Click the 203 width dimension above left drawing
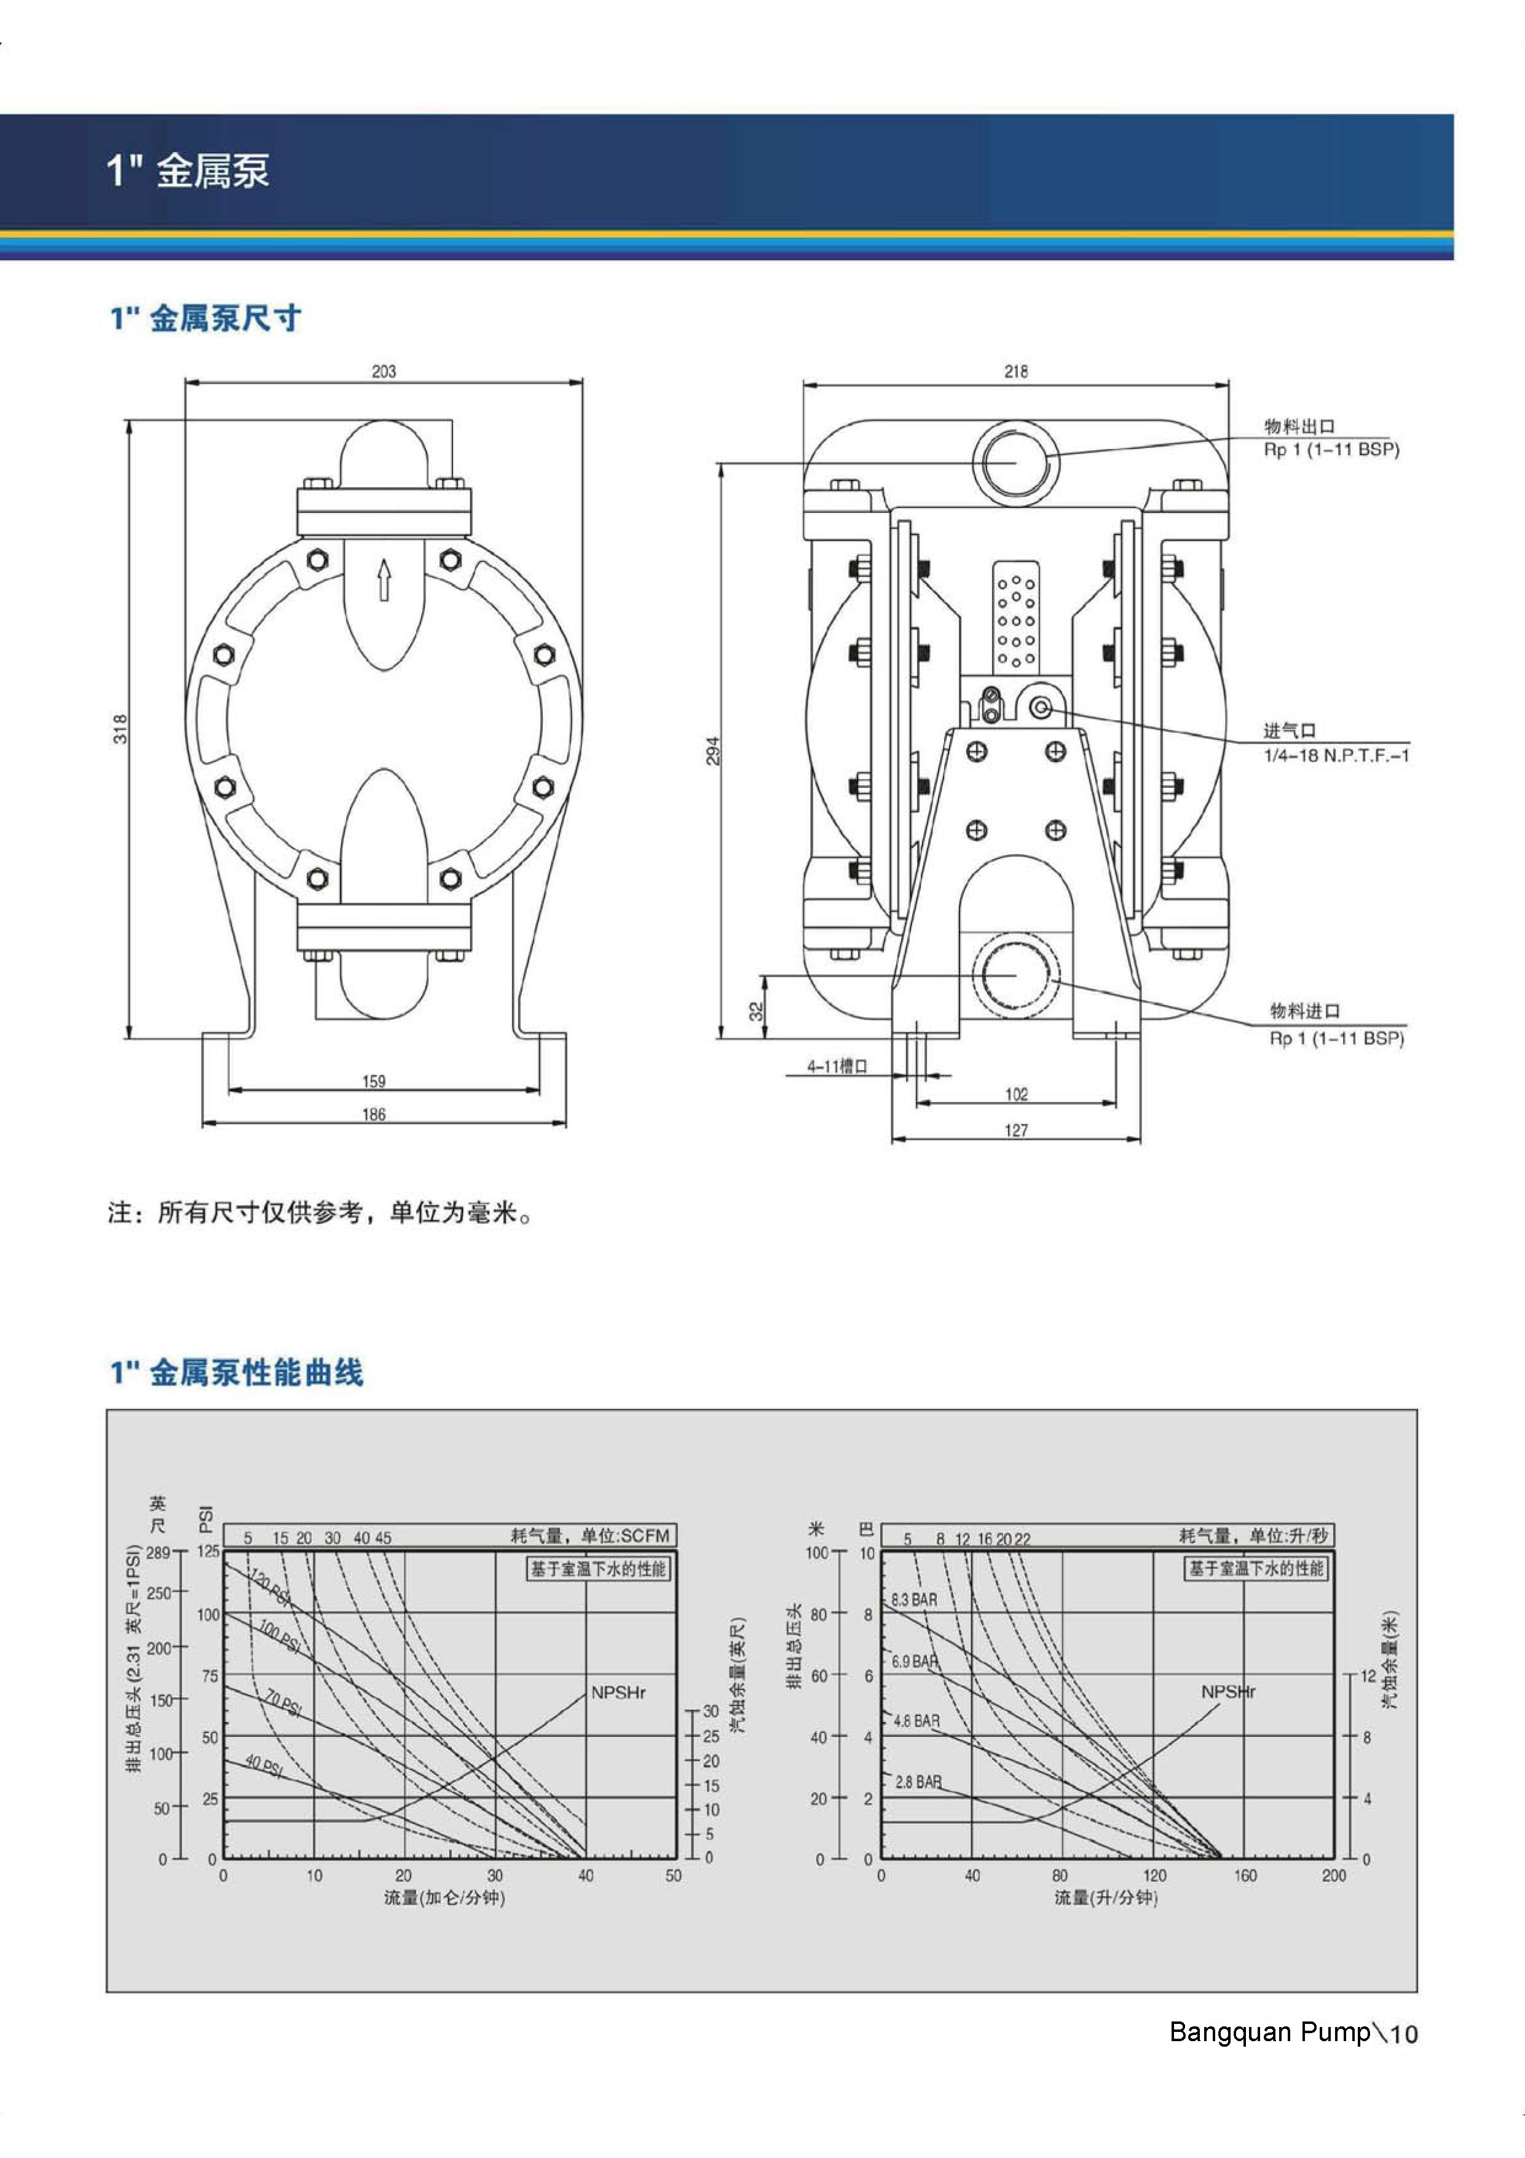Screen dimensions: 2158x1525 (x=384, y=371)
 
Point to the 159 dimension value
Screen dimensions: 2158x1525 (x=374, y=1081)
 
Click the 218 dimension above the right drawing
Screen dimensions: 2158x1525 (x=1015, y=371)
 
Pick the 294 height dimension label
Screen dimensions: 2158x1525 (x=713, y=750)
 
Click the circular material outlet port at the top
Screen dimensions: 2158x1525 (x=1015, y=461)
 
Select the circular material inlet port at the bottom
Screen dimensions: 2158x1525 (x=1015, y=975)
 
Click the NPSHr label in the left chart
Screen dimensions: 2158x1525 (x=618, y=1692)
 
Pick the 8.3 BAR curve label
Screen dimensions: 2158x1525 (x=914, y=1599)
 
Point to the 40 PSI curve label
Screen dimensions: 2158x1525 (x=264, y=1766)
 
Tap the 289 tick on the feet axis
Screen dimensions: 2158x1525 (x=158, y=1553)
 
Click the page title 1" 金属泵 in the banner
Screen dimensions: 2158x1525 (x=188, y=171)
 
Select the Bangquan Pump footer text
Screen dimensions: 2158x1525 (x=1269, y=2032)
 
